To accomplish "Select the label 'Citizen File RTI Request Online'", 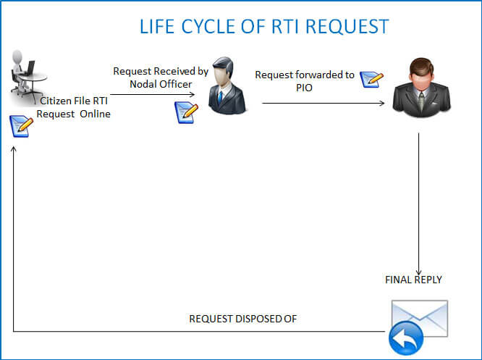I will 75,107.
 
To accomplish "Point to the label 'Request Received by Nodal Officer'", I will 161,78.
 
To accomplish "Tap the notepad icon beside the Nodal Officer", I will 187,112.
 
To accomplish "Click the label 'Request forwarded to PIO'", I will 304,81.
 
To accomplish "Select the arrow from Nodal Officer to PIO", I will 323,104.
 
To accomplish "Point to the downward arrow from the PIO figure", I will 418,203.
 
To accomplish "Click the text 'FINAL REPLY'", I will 413,279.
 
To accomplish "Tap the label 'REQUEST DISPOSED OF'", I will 243,318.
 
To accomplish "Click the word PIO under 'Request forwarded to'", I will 304,88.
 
